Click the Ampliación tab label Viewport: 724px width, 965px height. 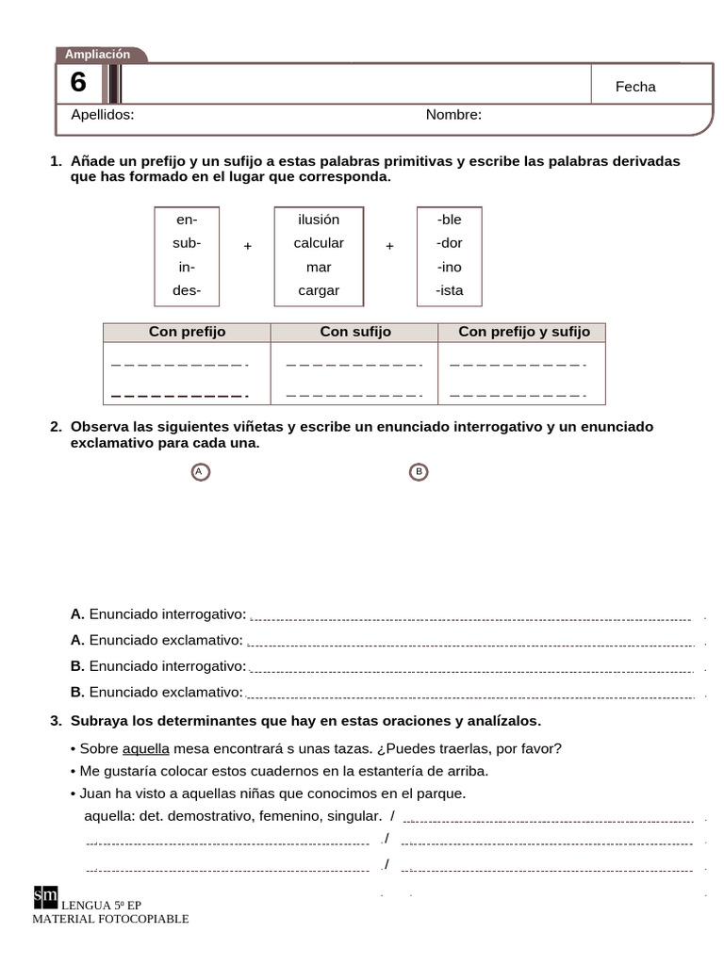click(x=98, y=55)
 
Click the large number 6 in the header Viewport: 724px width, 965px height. click(x=78, y=84)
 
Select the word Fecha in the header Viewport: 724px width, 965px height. click(x=635, y=87)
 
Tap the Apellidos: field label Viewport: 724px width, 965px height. click(x=103, y=115)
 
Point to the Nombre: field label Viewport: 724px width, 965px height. click(x=453, y=115)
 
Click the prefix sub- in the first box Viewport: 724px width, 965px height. click(x=187, y=242)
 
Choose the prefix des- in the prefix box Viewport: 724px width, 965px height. click(x=187, y=290)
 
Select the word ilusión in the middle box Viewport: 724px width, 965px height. click(x=319, y=220)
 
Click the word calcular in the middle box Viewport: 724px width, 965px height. click(x=319, y=242)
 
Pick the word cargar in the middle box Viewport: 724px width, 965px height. click(x=319, y=290)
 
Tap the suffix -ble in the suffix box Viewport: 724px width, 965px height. click(x=450, y=220)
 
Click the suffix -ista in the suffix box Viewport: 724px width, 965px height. click(x=450, y=290)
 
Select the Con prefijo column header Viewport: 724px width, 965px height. click(x=187, y=332)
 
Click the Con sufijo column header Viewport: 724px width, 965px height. click(x=354, y=332)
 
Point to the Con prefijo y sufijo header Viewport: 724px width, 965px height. click(x=524, y=332)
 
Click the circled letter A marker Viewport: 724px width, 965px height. click(x=200, y=471)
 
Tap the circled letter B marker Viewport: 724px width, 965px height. click(x=419, y=471)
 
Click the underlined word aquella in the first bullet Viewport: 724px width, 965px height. click(x=146, y=749)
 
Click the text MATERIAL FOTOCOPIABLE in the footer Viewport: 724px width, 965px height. click(x=110, y=919)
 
